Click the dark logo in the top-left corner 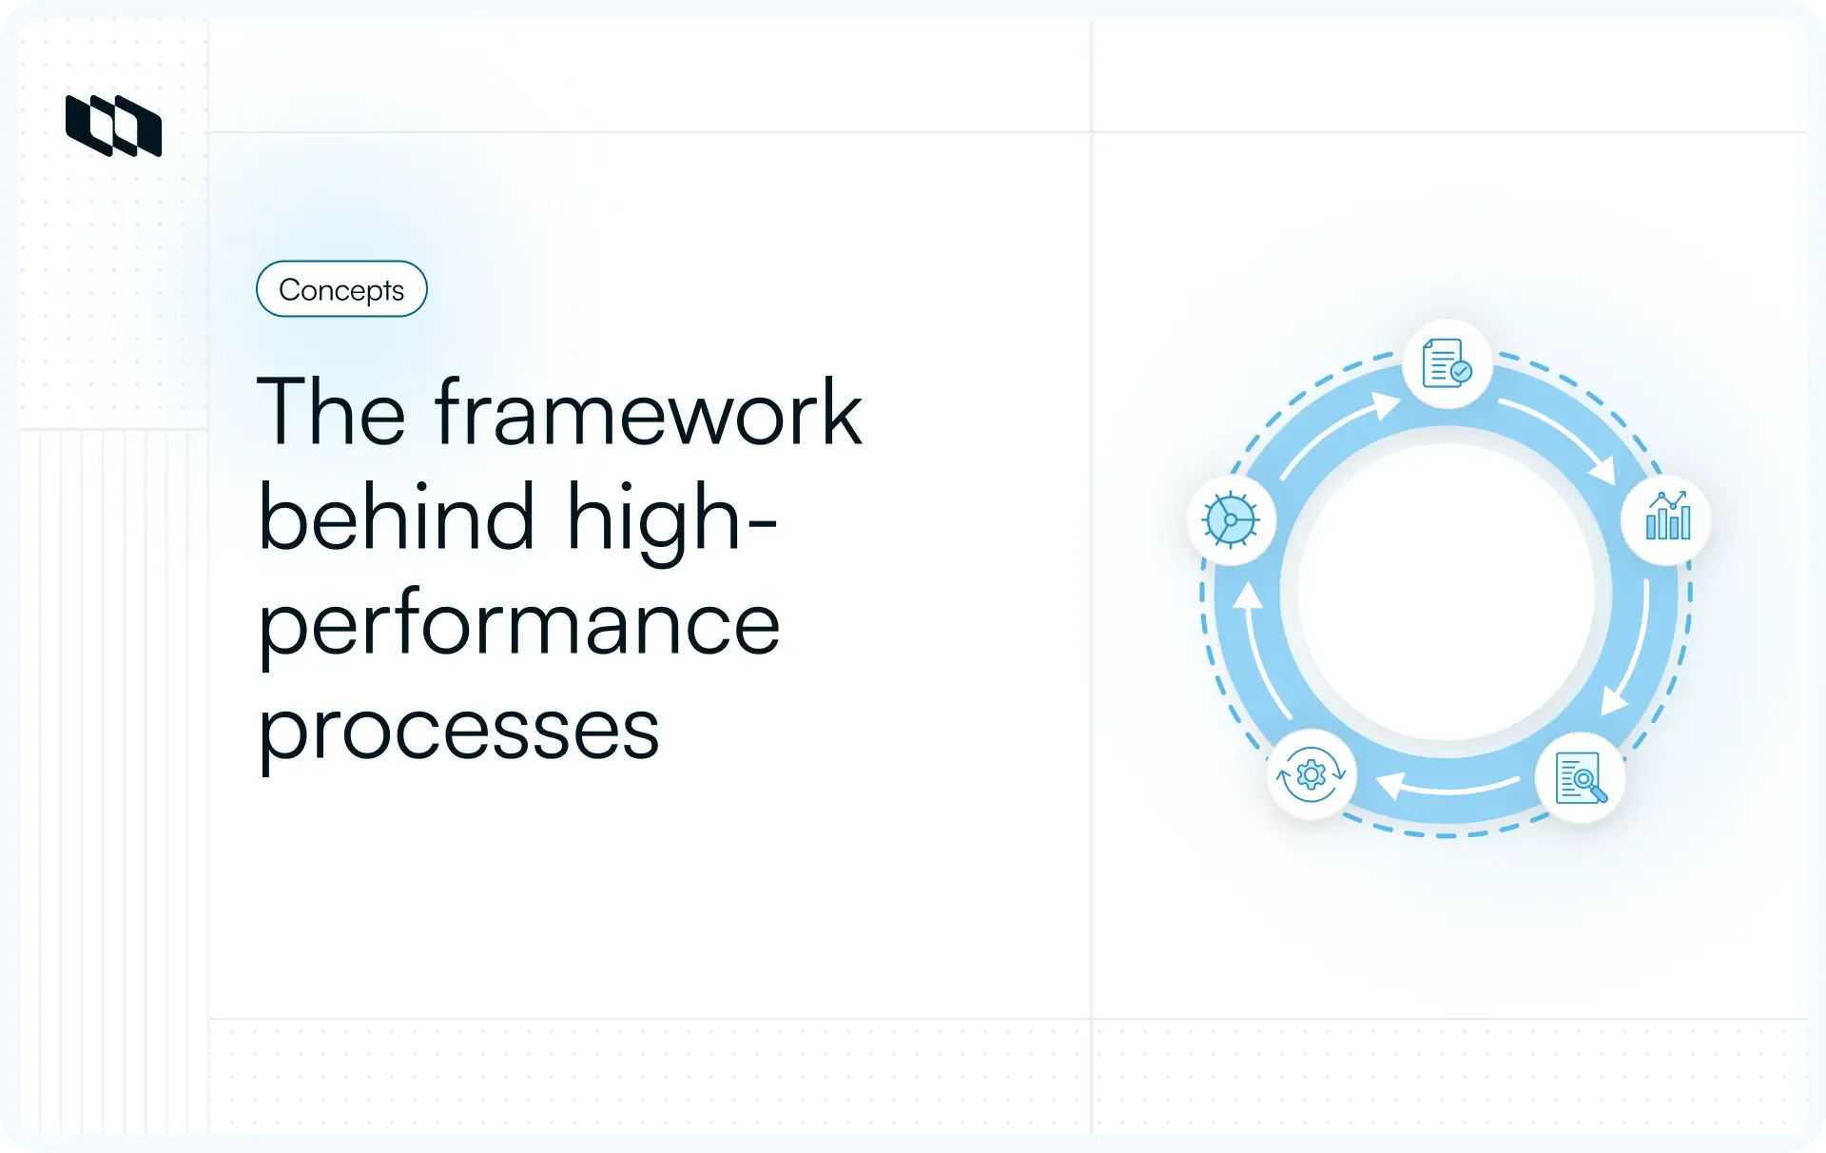pyautogui.click(x=113, y=126)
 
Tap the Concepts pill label pyautogui.click(x=341, y=289)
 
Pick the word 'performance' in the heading pyautogui.click(x=519, y=626)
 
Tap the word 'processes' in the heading pyautogui.click(x=458, y=731)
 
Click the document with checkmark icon pyautogui.click(x=1447, y=364)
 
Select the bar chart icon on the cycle pyautogui.click(x=1667, y=518)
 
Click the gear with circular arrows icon pyautogui.click(x=1311, y=775)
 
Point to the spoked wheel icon pyautogui.click(x=1231, y=519)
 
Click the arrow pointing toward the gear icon pyautogui.click(x=1448, y=787)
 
